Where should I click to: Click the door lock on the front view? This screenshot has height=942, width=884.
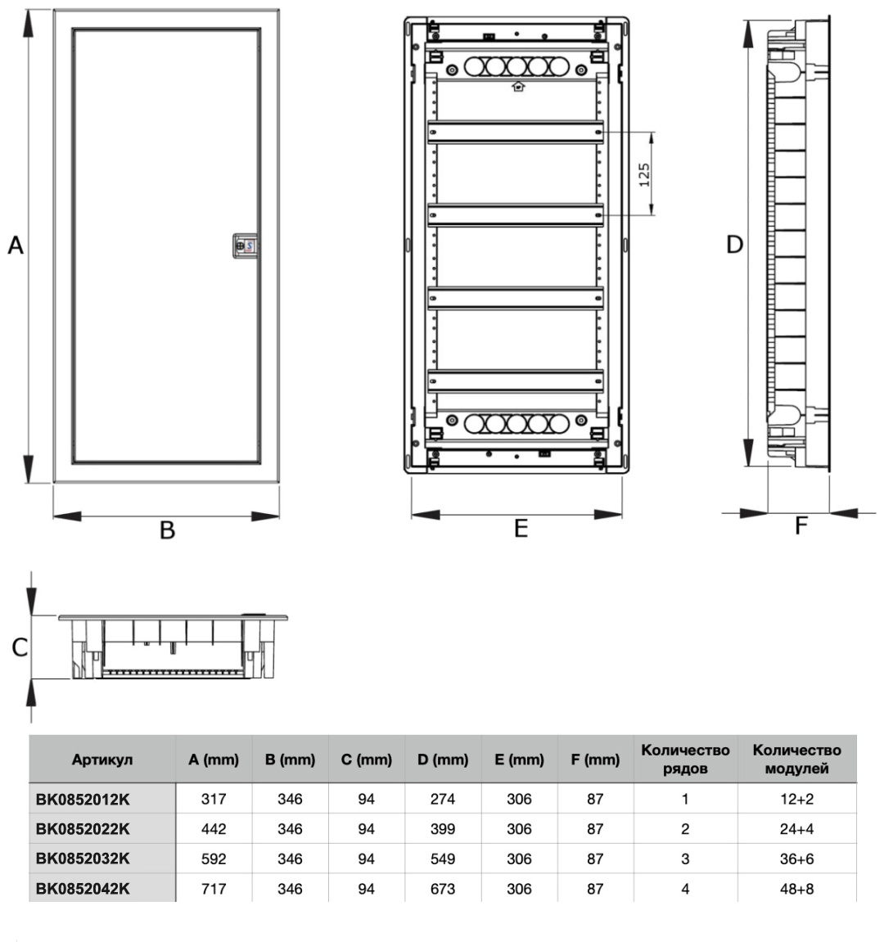pyautogui.click(x=246, y=246)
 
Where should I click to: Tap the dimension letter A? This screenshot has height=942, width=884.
pyautogui.click(x=16, y=245)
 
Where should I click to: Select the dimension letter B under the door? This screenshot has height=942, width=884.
pyautogui.click(x=167, y=530)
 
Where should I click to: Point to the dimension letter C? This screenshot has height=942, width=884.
pyautogui.click(x=19, y=647)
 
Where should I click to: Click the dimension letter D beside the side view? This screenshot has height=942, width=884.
pyautogui.click(x=734, y=245)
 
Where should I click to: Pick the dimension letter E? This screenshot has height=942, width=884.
pyautogui.click(x=521, y=528)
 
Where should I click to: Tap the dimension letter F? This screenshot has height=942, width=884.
pyautogui.click(x=801, y=525)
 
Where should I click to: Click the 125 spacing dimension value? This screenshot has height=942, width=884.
pyautogui.click(x=644, y=174)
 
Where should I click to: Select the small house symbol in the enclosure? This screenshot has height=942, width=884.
pyautogui.click(x=518, y=87)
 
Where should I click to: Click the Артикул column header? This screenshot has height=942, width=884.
pyautogui.click(x=102, y=759)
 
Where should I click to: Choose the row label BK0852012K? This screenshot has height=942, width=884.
pyautogui.click(x=83, y=799)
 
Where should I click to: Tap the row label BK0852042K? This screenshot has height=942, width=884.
pyautogui.click(x=83, y=889)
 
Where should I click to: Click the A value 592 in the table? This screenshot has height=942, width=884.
pyautogui.click(x=214, y=859)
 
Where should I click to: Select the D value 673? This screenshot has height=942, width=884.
pyautogui.click(x=443, y=889)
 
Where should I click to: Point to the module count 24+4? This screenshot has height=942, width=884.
pyautogui.click(x=797, y=829)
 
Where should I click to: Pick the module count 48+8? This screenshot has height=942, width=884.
pyautogui.click(x=797, y=889)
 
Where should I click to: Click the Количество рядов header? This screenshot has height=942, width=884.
pyautogui.click(x=685, y=759)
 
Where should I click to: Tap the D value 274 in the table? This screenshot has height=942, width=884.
pyautogui.click(x=443, y=799)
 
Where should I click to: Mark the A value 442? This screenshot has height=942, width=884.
pyautogui.click(x=214, y=829)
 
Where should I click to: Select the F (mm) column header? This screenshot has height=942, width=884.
pyautogui.click(x=595, y=759)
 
